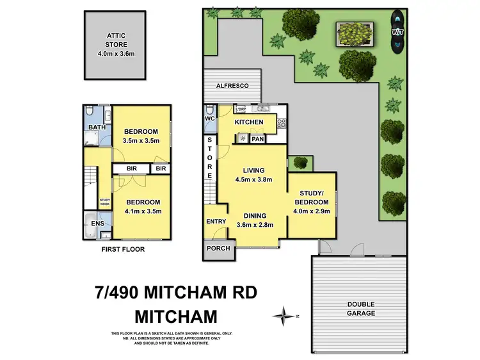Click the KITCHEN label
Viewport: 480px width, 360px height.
[x=249, y=122]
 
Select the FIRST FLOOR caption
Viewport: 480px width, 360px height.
[x=124, y=249]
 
